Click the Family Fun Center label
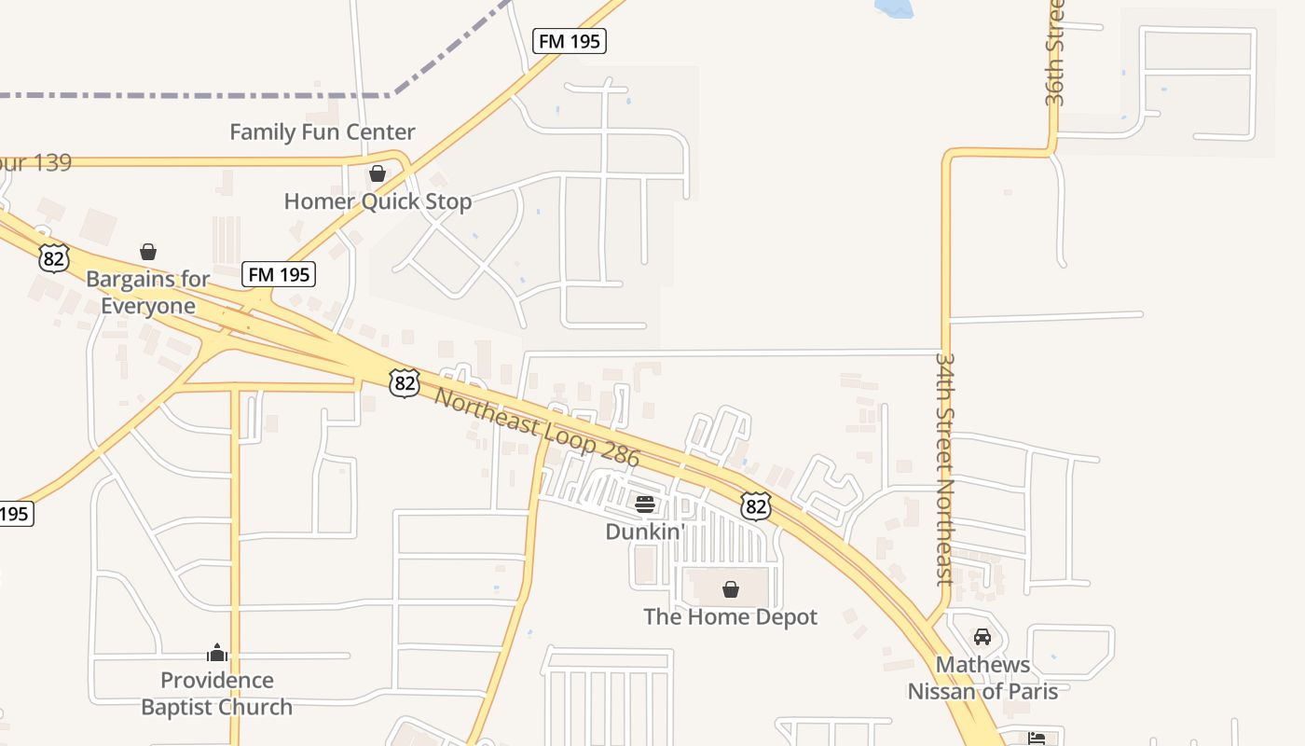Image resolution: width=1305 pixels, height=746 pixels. point(322,132)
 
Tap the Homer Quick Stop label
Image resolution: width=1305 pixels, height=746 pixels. point(378,201)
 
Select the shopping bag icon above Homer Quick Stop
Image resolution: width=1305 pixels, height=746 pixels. point(378,173)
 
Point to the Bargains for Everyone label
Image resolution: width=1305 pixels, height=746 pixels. point(147,292)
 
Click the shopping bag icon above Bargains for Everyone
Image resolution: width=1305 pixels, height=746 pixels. point(147,252)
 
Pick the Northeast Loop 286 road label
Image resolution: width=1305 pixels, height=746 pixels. point(537,428)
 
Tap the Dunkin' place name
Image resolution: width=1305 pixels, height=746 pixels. point(645,532)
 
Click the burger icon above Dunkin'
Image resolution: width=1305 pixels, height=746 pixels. point(645,504)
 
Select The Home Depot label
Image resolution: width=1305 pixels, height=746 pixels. point(730,616)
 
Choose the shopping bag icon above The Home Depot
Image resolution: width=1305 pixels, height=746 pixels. point(731,589)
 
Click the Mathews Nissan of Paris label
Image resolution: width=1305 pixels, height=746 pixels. point(982,678)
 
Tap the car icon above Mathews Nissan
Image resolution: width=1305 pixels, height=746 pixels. point(982,637)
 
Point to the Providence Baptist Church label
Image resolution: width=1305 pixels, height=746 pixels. point(216,693)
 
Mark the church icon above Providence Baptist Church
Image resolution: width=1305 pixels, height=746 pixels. point(217,653)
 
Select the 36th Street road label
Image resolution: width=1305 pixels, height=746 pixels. point(1054,53)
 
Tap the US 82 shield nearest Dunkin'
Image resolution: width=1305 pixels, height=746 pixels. point(756,505)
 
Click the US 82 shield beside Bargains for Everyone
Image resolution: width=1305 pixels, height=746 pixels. point(54,257)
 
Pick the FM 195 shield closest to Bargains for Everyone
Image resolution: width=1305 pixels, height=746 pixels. point(279,274)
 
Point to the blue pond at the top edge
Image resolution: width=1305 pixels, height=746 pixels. point(893,7)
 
